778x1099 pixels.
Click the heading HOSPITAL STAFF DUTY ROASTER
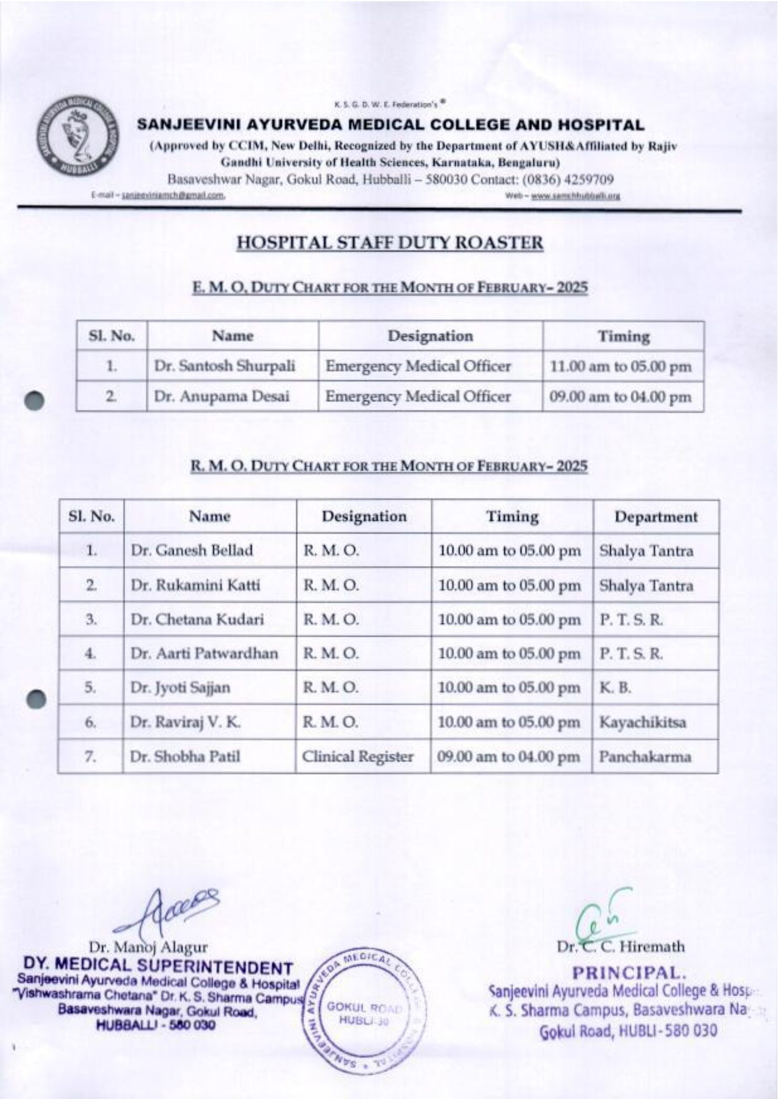pos(390,243)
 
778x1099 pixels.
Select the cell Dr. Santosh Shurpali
pos(224,366)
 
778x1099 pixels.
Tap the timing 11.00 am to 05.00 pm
pos(621,367)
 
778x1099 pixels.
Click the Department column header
pos(656,517)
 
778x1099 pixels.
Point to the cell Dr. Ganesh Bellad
pos(192,550)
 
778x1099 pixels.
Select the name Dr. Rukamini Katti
pos(195,585)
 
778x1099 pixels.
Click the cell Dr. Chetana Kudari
pos(197,620)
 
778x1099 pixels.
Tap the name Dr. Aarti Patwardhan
pos(204,654)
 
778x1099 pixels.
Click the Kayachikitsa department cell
pos(642,722)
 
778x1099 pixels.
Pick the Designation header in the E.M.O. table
pos(430,336)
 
